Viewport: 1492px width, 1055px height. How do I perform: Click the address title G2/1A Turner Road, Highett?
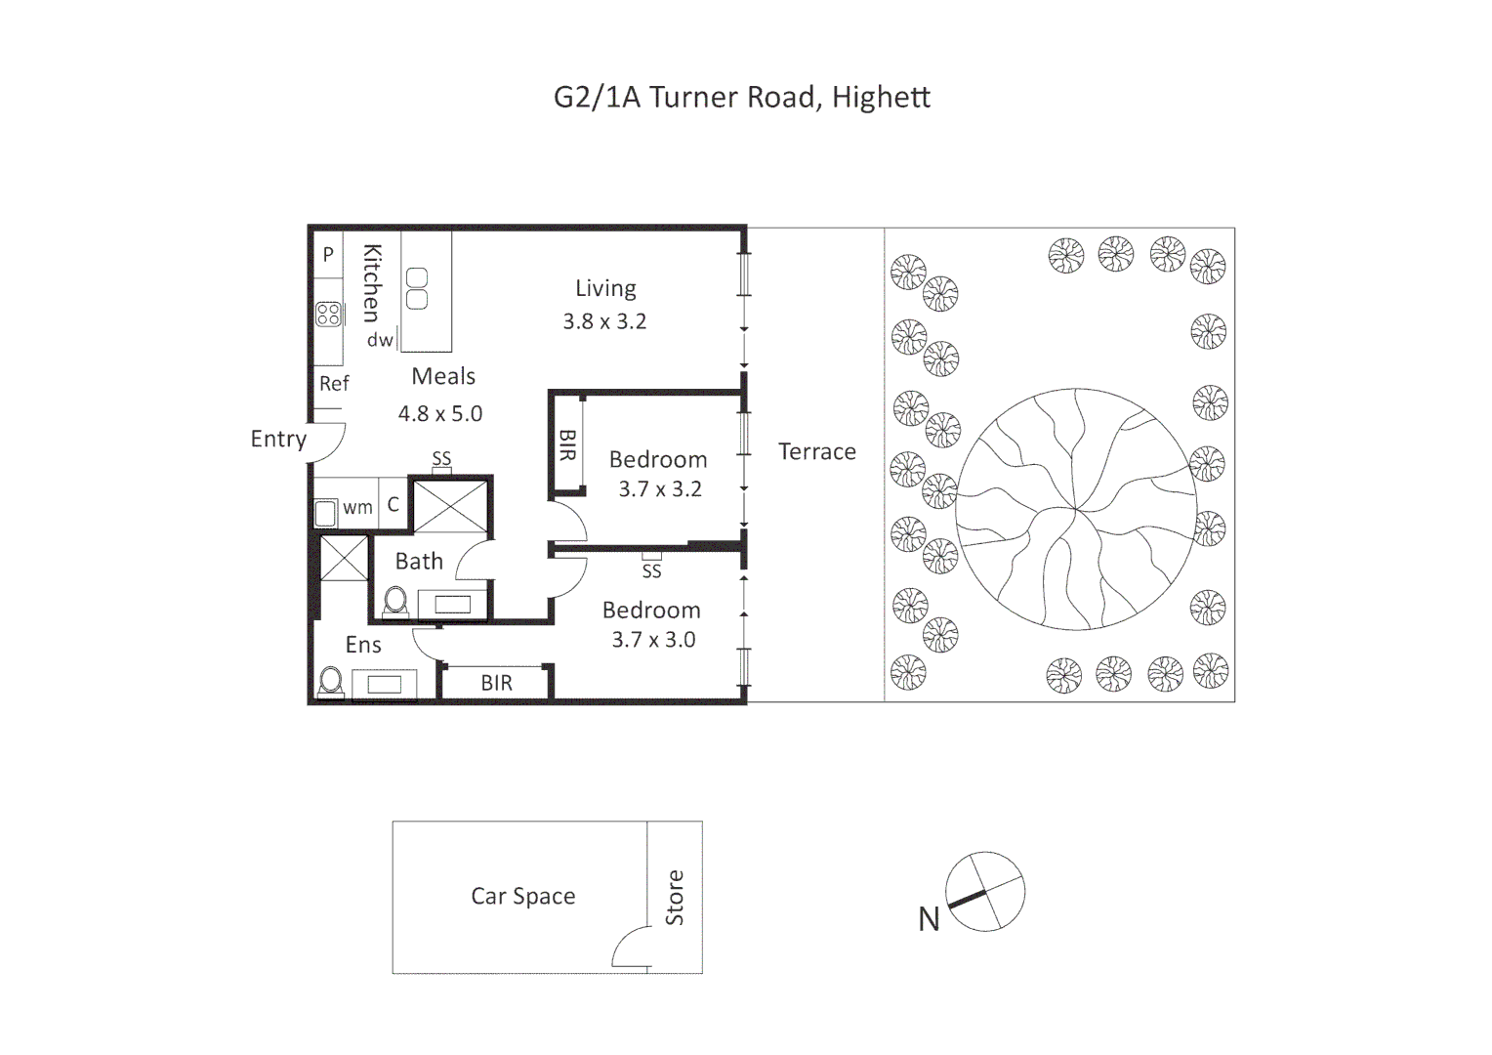coord(741,98)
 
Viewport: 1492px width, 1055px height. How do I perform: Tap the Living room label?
coord(605,288)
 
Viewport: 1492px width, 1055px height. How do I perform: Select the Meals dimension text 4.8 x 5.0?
coord(440,413)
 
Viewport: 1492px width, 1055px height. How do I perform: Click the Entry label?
coord(278,439)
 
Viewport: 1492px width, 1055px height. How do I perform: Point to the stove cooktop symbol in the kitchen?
coord(328,315)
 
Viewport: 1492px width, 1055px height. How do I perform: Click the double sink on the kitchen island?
coord(417,288)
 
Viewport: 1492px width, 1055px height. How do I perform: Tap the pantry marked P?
coord(328,254)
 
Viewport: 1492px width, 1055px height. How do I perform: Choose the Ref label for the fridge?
coord(334,384)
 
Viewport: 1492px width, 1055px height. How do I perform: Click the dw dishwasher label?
coord(380,340)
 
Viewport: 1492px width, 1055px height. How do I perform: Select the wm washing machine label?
coord(357,507)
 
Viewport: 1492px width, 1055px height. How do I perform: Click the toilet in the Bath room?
coord(395,601)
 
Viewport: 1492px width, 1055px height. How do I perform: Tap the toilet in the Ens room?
coord(331,680)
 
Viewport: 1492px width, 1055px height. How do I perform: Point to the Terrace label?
coord(816,451)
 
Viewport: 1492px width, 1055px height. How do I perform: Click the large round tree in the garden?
coord(1075,508)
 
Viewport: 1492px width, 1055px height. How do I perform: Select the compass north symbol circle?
coord(985,891)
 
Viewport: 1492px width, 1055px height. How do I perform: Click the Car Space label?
coord(522,896)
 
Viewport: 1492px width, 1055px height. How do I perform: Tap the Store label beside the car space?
coord(675,897)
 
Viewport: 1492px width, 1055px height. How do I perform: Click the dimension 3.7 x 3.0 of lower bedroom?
coord(653,640)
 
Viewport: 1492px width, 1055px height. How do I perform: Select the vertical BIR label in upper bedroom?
coord(567,444)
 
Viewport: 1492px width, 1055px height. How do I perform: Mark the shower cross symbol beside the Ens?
coord(344,558)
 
